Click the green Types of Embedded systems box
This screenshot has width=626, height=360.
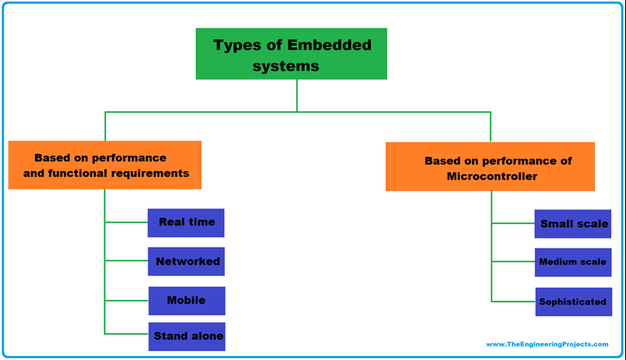pyautogui.click(x=291, y=54)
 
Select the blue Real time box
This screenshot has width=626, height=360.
pyautogui.click(x=186, y=222)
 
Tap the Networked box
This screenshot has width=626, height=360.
pyautogui.click(x=186, y=261)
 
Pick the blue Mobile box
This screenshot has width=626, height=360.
pyautogui.click(x=186, y=301)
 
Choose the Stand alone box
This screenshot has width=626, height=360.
pyautogui.click(x=187, y=336)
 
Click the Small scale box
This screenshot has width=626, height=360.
pyautogui.click(x=573, y=224)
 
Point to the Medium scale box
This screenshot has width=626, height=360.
pyautogui.click(x=572, y=262)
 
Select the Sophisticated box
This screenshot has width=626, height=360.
pyautogui.click(x=572, y=301)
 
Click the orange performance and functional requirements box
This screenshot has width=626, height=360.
pyautogui.click(x=105, y=165)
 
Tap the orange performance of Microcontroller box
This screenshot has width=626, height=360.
pyautogui.click(x=490, y=167)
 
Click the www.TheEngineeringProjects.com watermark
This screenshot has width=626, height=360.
pyautogui.click(x=547, y=345)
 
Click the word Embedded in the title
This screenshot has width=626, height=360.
pyautogui.click(x=333, y=46)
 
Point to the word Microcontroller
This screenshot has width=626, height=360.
pyautogui.click(x=492, y=176)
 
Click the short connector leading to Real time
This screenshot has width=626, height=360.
pyautogui.click(x=126, y=222)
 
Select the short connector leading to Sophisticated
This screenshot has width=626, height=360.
pyautogui.click(x=513, y=301)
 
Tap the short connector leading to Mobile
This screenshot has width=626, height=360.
pyautogui.click(x=126, y=301)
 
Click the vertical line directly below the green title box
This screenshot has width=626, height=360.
pyautogui.click(x=297, y=95)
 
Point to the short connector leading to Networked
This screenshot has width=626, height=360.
pyautogui.click(x=126, y=261)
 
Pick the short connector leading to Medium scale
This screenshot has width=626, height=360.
pyautogui.click(x=513, y=262)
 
